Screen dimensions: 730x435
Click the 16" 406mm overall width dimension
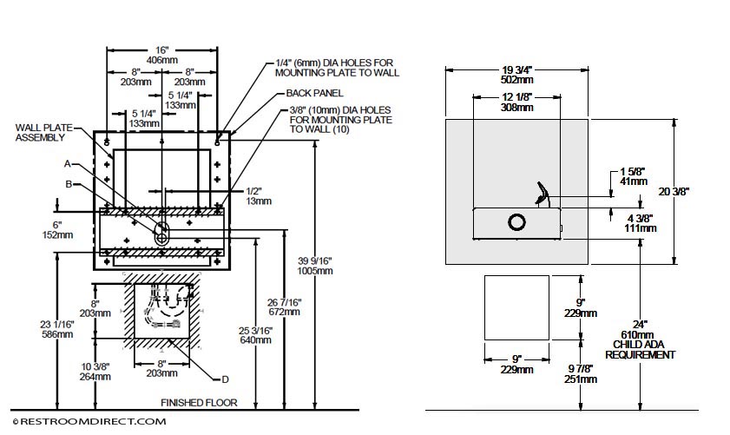(x=162, y=55)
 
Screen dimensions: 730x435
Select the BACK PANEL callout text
(x=315, y=93)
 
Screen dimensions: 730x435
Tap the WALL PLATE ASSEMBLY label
(x=43, y=132)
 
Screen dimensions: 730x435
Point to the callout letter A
(x=68, y=164)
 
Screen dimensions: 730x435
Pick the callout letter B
(x=69, y=184)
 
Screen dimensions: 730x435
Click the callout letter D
(x=226, y=379)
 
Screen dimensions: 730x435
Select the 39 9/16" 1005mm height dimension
(x=315, y=266)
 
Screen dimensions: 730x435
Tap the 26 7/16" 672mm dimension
(x=284, y=307)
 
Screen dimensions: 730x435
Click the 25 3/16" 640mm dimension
(x=255, y=335)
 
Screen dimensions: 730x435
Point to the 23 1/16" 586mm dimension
(x=56, y=329)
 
